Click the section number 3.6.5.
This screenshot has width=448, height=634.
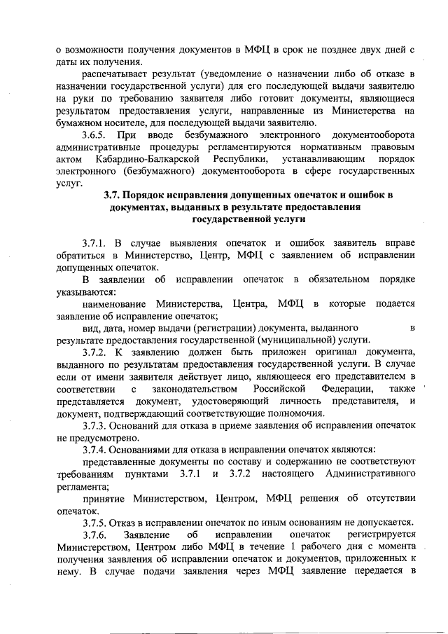click(x=94, y=134)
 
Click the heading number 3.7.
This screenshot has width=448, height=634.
click(x=113, y=194)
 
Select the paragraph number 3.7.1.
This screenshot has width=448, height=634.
click(x=94, y=243)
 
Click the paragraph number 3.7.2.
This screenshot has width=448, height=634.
click(x=94, y=352)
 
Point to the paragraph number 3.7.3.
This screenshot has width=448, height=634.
click(x=94, y=425)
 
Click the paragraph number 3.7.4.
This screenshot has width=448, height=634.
click(x=94, y=448)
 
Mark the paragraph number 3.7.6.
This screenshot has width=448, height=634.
click(x=94, y=535)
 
